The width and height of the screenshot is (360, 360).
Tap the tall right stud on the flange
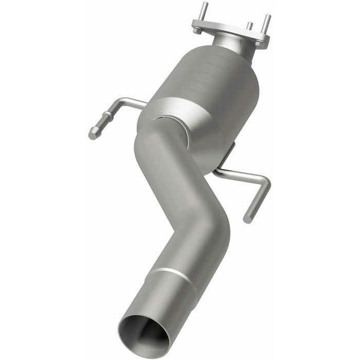pos(266,24)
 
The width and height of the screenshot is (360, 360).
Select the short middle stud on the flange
pos(249,26)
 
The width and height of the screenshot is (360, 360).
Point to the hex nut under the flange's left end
pos(197,30)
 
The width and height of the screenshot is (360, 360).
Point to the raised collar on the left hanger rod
pos(106,119)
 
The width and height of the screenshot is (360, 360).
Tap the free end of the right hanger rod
pos(248,219)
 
